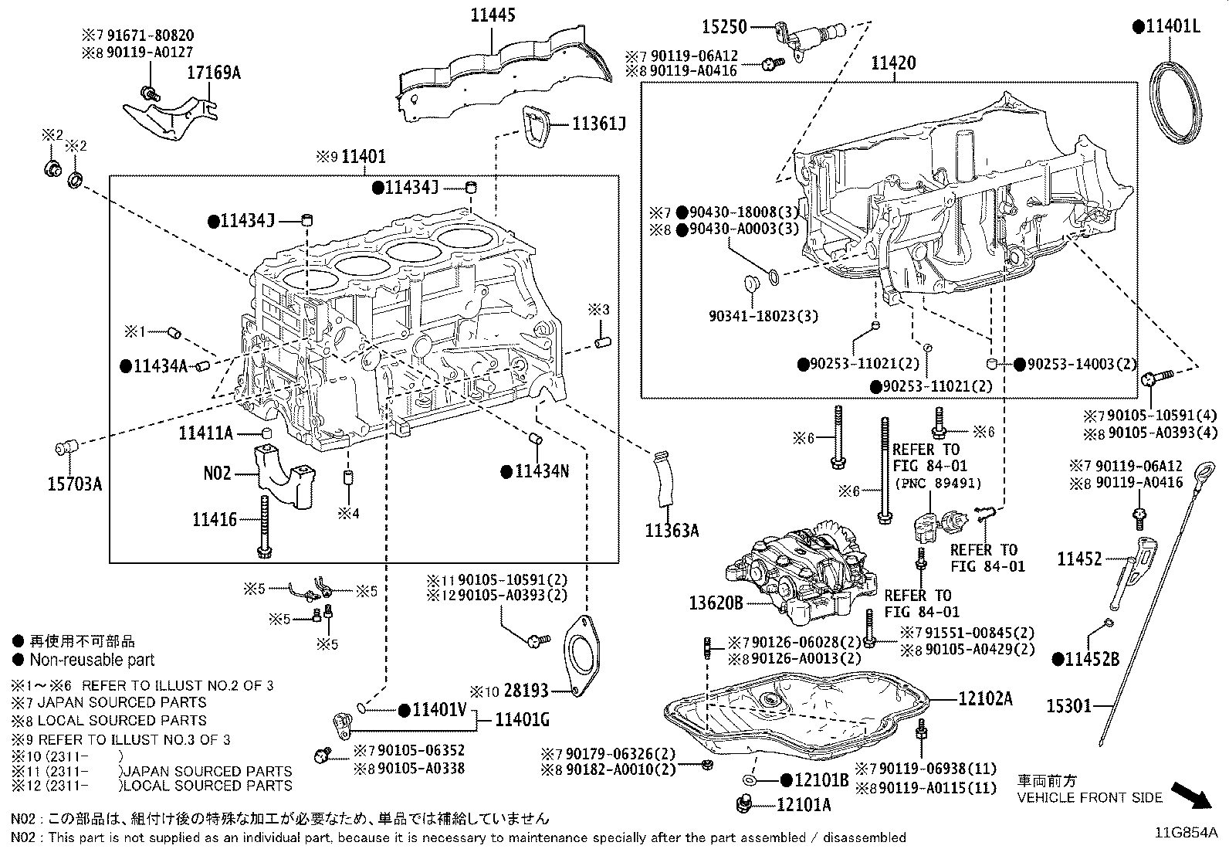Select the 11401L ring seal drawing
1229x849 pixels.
click(x=1177, y=104)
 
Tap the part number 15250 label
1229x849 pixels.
click(x=724, y=27)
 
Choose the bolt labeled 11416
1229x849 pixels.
click(x=265, y=525)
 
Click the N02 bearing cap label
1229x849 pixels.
click(x=217, y=472)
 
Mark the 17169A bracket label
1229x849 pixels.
click(x=213, y=73)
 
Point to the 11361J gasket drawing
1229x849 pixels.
click(x=536, y=126)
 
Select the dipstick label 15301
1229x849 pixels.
click(x=1069, y=705)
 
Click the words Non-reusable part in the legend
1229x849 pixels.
click(x=92, y=660)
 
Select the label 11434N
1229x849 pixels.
click(x=541, y=470)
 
